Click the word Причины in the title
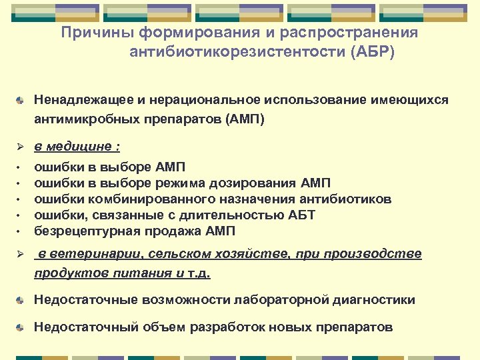91,33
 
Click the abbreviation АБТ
300,215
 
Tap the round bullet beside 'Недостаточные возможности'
22,300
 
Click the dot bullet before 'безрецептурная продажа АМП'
21,231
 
